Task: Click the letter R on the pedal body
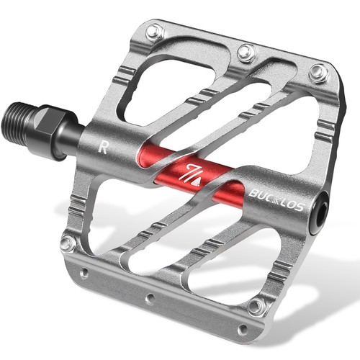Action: point(103,148)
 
